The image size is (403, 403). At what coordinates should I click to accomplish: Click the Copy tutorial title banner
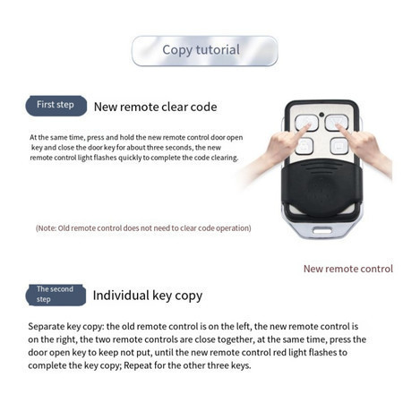205,51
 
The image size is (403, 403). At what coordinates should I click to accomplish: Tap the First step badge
56,106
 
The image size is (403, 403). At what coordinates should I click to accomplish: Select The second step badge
56,295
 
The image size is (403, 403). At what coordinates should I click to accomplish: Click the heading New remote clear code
155,107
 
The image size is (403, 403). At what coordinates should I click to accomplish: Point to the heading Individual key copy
148,296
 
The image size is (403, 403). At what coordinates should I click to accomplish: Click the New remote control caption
348,269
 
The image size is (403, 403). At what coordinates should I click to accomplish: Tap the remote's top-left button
306,123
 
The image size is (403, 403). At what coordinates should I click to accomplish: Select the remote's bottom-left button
304,146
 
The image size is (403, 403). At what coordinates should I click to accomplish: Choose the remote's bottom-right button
339,146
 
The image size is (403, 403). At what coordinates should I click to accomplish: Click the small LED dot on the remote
322,115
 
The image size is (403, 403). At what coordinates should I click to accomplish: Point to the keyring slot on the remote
322,230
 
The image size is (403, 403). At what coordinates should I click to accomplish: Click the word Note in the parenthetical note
47,228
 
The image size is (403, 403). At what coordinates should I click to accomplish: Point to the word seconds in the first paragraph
178,148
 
